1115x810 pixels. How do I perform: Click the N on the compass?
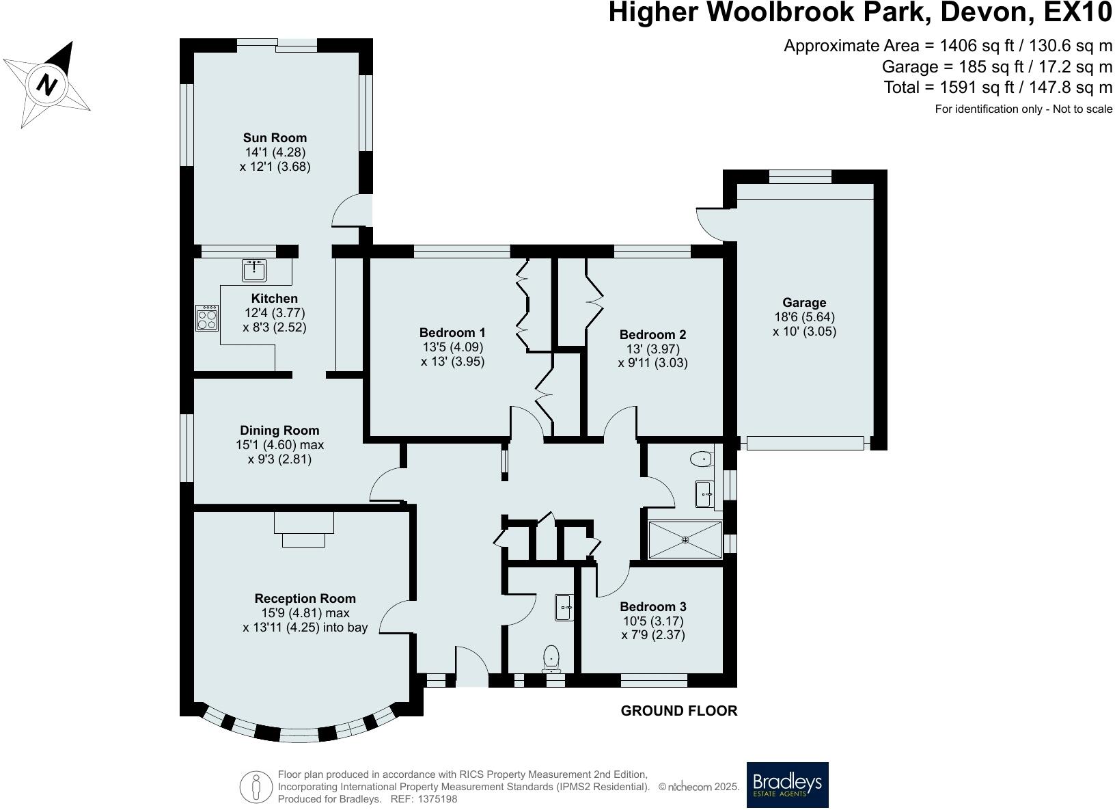[x=46, y=85]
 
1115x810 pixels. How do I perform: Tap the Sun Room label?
[x=275, y=137]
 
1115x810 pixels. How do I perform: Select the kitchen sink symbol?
[x=254, y=270]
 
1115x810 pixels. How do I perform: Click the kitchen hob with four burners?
[x=206, y=318]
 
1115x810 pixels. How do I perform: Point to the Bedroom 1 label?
[x=452, y=332]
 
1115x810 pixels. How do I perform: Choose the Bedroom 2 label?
[x=652, y=334]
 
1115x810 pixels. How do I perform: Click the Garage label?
[x=804, y=302]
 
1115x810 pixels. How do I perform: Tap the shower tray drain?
[x=685, y=539]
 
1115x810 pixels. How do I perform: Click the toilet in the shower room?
[x=702, y=459]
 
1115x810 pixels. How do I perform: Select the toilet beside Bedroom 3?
[x=551, y=658]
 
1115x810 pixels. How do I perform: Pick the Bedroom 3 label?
[x=653, y=606]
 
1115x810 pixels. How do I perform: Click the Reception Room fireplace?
[x=303, y=529]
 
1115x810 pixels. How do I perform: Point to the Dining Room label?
[x=279, y=431]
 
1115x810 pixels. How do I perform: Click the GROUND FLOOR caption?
[x=679, y=711]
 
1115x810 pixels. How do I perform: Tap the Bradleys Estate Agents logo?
[x=787, y=785]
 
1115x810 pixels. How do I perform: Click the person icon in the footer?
[x=256, y=787]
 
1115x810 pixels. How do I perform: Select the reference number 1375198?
[x=437, y=799]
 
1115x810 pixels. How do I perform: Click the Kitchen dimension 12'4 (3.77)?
[x=274, y=313]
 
